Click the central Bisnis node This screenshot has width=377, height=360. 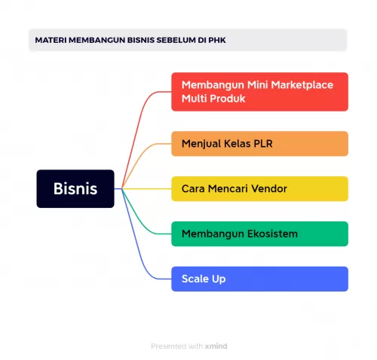coord(75,189)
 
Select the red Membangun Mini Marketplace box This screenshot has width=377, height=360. coord(259,92)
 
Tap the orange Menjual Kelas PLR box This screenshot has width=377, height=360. coord(259,143)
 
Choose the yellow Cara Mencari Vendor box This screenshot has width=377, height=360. coord(259,188)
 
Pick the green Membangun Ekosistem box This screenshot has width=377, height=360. coord(259,233)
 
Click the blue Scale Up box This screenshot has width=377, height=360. coord(259,279)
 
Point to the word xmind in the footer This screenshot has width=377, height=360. coord(217,346)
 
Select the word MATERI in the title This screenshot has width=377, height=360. coord(51,40)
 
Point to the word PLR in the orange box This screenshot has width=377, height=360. coord(260,143)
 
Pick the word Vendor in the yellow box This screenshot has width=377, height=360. coord(269,188)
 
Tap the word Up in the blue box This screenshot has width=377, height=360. coord(219,279)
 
